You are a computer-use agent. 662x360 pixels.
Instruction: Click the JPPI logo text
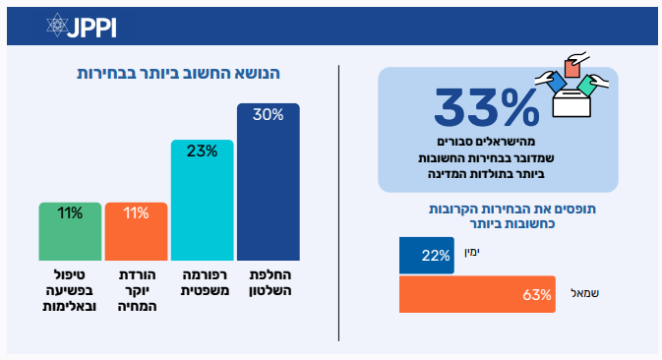coord(91,28)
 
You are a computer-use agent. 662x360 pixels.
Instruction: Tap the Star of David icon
coord(57,25)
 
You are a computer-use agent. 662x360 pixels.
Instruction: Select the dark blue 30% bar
coord(269,182)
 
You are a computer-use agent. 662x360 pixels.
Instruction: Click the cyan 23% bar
coord(203,200)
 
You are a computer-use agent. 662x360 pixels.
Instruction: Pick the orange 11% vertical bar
coord(137,231)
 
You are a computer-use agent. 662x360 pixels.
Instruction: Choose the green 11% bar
coord(70,231)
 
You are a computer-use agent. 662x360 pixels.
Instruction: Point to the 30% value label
coord(269,114)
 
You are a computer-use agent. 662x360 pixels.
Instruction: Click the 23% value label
coord(202,150)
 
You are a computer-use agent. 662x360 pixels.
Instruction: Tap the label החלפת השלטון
coord(271,282)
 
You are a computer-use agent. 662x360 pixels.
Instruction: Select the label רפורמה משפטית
coord(205,282)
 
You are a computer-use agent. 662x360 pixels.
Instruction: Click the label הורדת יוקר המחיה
coord(137,290)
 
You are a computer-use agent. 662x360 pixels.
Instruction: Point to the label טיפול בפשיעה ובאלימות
coord(70,290)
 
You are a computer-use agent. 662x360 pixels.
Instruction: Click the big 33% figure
coord(486,107)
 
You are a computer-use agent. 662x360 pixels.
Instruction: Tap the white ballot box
coord(572,103)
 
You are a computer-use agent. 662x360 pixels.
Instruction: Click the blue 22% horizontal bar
coord(427,256)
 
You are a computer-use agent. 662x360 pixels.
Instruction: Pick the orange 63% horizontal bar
coord(477,294)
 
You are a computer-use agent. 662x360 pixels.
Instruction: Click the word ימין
coord(472,253)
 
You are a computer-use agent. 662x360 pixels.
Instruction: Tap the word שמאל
coord(584,293)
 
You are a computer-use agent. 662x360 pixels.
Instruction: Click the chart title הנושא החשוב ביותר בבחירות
coord(178,74)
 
